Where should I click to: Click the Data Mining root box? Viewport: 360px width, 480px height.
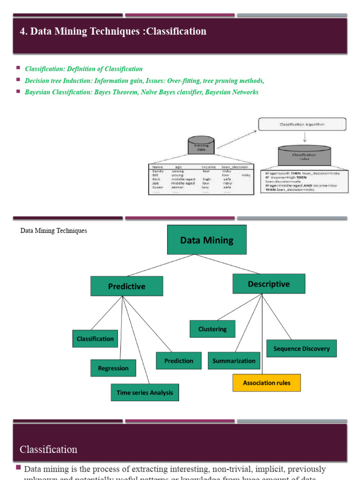click(x=207, y=240)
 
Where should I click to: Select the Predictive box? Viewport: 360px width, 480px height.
click(x=127, y=286)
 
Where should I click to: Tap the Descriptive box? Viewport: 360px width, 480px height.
click(x=269, y=284)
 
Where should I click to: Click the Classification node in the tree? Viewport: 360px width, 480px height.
click(x=95, y=338)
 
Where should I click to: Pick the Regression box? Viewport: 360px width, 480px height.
click(x=113, y=368)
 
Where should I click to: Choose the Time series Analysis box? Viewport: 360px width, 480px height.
click(x=145, y=392)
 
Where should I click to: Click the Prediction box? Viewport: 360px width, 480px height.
click(x=179, y=360)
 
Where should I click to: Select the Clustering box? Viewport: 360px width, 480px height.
click(x=212, y=329)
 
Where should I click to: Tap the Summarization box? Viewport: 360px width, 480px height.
click(x=234, y=360)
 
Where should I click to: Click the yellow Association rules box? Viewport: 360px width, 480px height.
click(x=267, y=382)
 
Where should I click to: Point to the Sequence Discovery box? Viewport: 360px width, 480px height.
click(x=301, y=348)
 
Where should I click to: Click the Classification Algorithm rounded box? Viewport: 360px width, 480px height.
click(x=302, y=124)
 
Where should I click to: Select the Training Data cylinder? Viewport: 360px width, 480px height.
click(x=201, y=147)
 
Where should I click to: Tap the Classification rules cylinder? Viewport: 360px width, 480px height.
click(x=304, y=157)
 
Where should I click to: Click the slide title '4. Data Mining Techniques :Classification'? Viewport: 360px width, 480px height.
click(x=113, y=31)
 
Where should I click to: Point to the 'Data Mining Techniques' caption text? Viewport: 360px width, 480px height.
click(x=53, y=231)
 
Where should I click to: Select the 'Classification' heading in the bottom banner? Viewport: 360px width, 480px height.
click(x=48, y=449)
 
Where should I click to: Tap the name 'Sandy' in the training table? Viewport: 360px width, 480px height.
click(x=158, y=171)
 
